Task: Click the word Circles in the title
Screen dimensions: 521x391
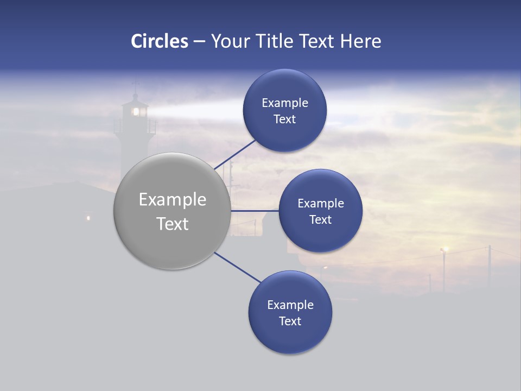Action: click(x=159, y=41)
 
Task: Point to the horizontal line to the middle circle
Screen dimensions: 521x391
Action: click(x=255, y=211)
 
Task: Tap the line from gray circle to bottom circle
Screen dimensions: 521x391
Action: click(x=238, y=268)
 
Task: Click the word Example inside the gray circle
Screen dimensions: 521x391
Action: click(x=173, y=200)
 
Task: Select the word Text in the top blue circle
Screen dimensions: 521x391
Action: click(x=284, y=119)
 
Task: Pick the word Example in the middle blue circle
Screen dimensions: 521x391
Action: click(x=320, y=204)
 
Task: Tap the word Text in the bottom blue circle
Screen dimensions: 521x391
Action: click(x=290, y=321)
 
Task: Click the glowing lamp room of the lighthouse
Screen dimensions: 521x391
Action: click(x=136, y=111)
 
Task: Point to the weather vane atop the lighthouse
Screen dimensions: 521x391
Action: click(x=136, y=84)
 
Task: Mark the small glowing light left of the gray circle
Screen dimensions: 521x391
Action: click(x=88, y=218)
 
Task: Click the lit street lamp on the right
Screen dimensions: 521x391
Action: click(x=445, y=249)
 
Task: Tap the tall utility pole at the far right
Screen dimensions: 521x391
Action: click(x=490, y=266)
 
